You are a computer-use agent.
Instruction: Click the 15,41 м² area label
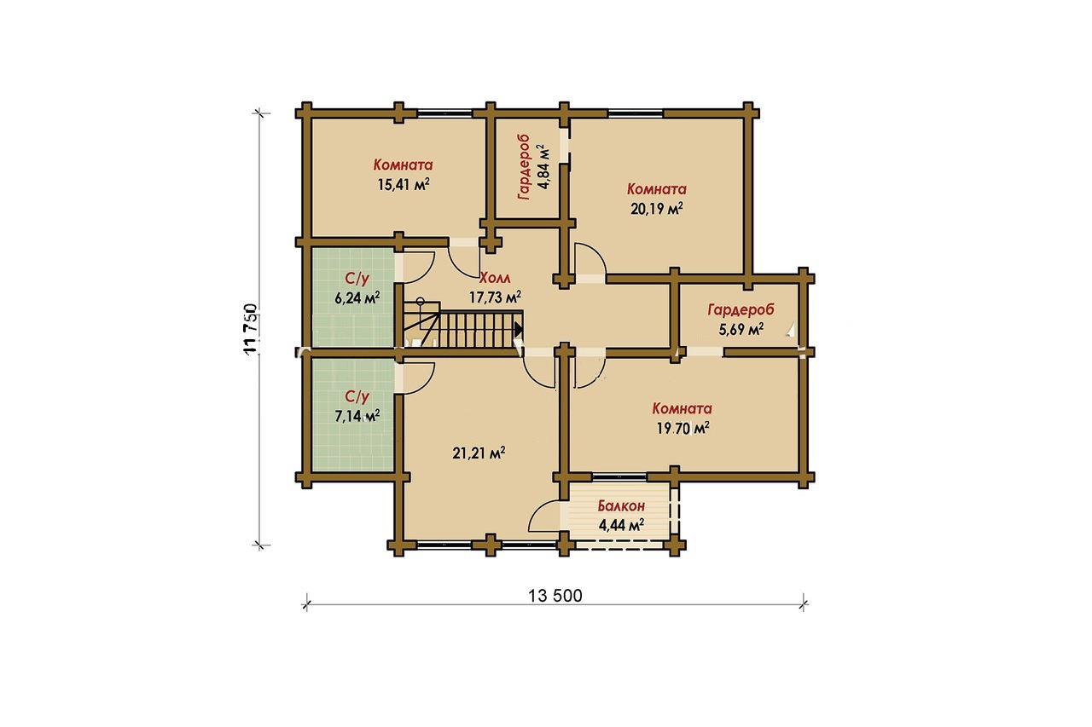click(x=404, y=185)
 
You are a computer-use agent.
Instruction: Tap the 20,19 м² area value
click(x=657, y=209)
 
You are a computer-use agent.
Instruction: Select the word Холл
click(x=495, y=278)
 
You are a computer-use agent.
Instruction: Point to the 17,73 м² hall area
click(x=495, y=297)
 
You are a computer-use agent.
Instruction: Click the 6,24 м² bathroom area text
click(x=357, y=297)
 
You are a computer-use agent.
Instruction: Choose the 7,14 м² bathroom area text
click(x=357, y=416)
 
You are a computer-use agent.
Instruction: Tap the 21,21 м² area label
click(x=479, y=453)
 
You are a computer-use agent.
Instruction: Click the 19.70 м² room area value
click(x=682, y=429)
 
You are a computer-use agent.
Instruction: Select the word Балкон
click(x=622, y=506)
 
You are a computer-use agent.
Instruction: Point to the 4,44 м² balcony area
click(x=622, y=525)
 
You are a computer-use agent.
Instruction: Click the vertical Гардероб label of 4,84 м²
click(x=524, y=167)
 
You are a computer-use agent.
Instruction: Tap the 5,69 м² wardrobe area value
click(x=741, y=330)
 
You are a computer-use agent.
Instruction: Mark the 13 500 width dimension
click(x=555, y=596)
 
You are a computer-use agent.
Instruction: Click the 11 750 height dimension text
click(x=250, y=329)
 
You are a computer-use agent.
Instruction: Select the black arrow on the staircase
click(x=519, y=329)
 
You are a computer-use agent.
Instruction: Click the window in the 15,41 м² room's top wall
click(x=444, y=113)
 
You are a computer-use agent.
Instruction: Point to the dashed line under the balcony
click(x=623, y=548)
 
